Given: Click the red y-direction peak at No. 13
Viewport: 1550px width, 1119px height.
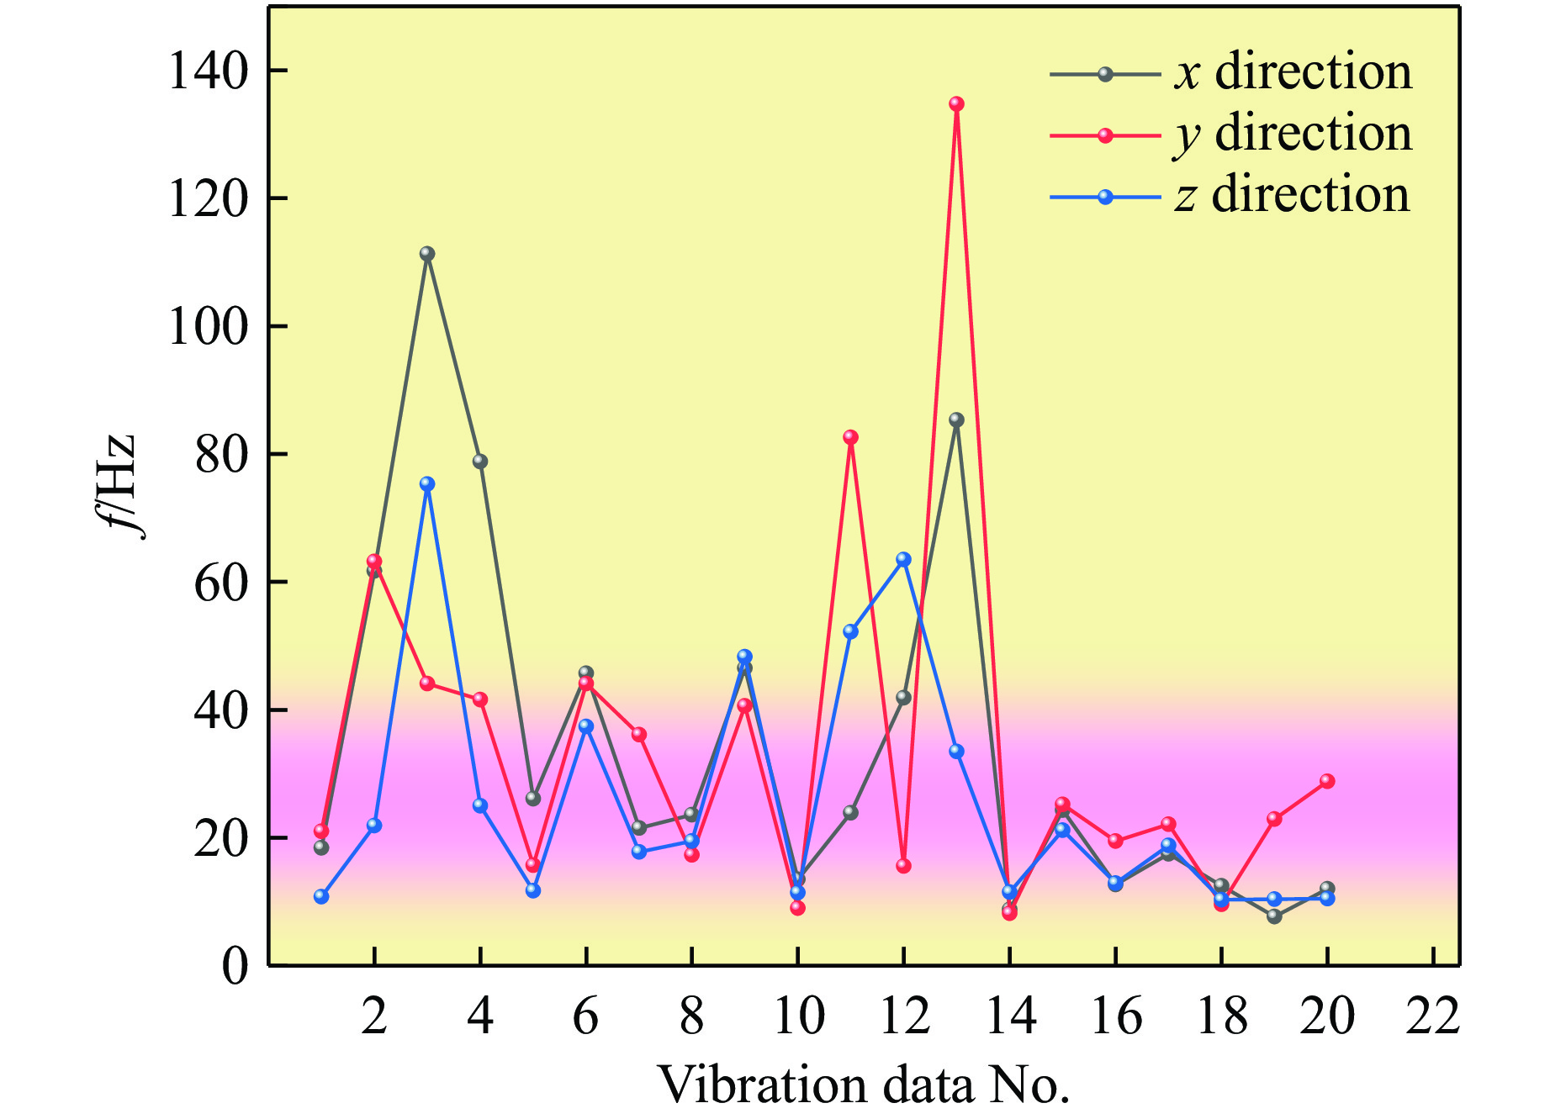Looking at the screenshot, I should [x=956, y=104].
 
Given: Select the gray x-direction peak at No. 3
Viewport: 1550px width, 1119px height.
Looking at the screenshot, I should [x=427, y=254].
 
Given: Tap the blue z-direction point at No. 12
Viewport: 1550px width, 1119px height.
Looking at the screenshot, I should [x=903, y=559].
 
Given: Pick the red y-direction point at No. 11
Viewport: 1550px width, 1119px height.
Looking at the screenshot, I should [x=850, y=437].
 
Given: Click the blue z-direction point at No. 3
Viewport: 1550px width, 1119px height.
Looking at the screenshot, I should [x=427, y=484].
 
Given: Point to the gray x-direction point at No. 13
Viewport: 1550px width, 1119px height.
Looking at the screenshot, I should [x=956, y=420].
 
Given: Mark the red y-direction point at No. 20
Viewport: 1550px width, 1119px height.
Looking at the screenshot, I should [x=1327, y=781].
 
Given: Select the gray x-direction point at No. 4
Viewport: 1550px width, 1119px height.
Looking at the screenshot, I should [x=480, y=462].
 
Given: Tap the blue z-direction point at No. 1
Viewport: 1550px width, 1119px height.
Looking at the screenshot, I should [x=321, y=897].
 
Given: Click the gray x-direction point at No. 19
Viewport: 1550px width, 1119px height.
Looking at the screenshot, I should [x=1274, y=916].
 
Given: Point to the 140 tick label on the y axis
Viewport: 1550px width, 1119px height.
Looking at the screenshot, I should [x=209, y=71].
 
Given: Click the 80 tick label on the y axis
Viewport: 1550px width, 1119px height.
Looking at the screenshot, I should [x=221, y=455].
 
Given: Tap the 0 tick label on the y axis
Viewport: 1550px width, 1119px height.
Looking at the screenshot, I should [x=235, y=967].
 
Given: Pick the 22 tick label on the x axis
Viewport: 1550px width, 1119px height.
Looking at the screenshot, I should [x=1432, y=1017].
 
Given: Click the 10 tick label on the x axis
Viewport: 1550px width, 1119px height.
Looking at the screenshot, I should [x=798, y=1017].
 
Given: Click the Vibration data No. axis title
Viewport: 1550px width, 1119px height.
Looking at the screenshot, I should [x=863, y=1085].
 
